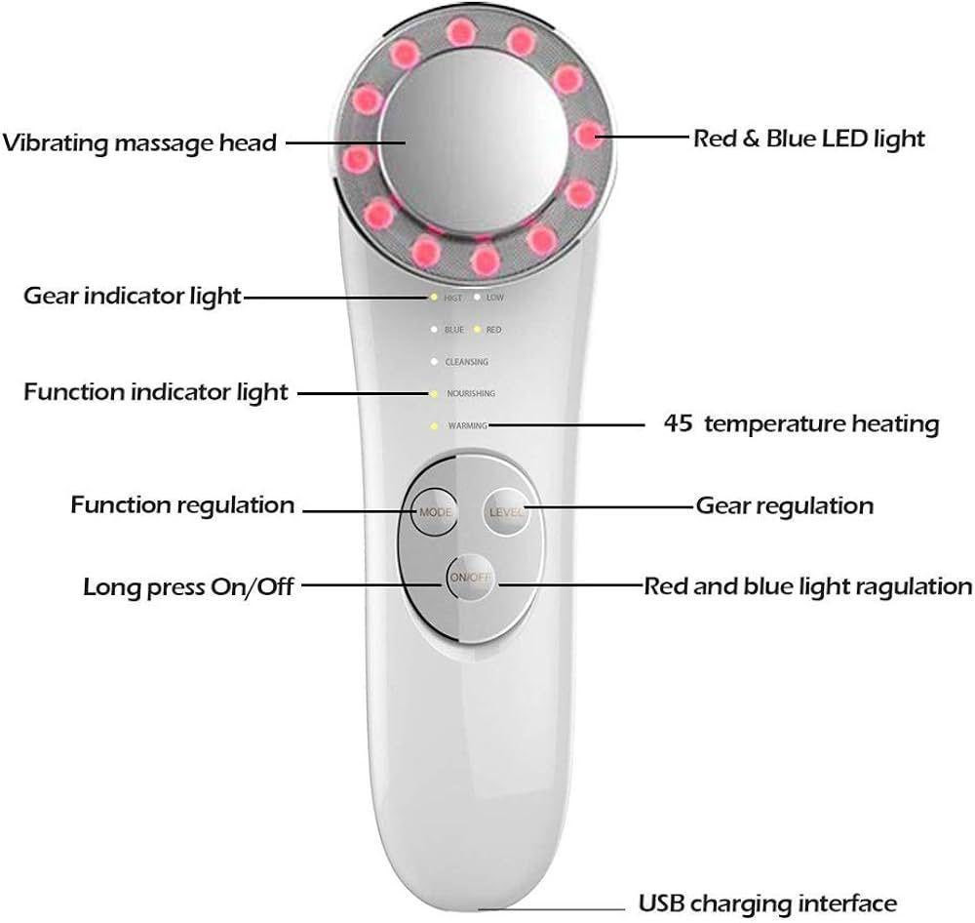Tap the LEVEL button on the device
pyautogui.click(x=507, y=512)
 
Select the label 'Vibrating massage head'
pyautogui.click(x=140, y=142)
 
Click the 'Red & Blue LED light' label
pyautogui.click(x=808, y=139)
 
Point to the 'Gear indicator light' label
pyautogui.click(x=132, y=296)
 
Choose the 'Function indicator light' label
pyautogui.click(x=156, y=392)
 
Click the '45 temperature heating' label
pyautogui.click(x=800, y=424)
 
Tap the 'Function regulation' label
pyautogui.click(x=182, y=505)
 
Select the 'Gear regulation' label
pyautogui.click(x=784, y=505)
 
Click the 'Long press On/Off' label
pyautogui.click(x=188, y=586)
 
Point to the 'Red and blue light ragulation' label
pyautogui.click(x=807, y=586)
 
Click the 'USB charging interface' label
pyautogui.click(x=767, y=903)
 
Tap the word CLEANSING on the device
pyautogui.click(x=466, y=362)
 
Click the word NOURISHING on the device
pyautogui.click(x=471, y=393)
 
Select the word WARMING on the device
pyautogui.click(x=466, y=426)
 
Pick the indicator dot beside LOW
pyautogui.click(x=477, y=297)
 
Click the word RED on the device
pyautogui.click(x=493, y=330)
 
